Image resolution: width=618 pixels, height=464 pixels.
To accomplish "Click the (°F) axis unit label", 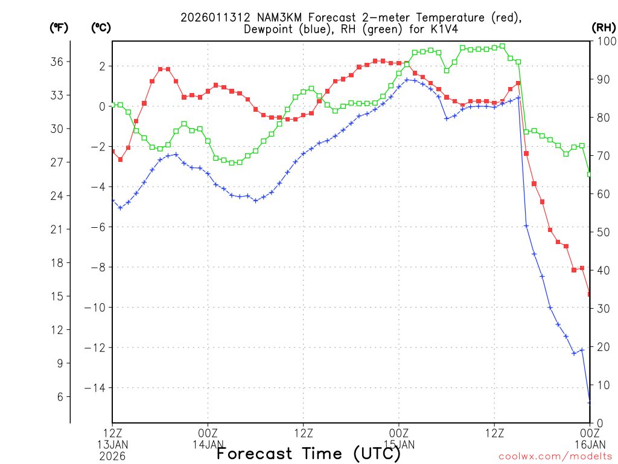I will coord(60,27).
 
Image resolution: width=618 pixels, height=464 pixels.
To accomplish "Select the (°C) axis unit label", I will coord(101,27).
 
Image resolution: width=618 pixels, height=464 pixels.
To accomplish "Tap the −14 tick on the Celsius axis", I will coord(96,388).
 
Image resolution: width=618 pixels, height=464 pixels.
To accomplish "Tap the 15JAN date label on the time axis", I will coord(399,444).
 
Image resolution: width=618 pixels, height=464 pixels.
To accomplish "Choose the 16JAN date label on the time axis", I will coord(589,444).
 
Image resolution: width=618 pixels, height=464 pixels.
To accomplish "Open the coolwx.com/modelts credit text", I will coord(555,456).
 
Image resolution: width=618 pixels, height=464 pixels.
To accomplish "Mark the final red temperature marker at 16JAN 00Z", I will coord(590,294).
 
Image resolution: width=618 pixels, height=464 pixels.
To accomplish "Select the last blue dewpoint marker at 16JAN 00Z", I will coord(590,402).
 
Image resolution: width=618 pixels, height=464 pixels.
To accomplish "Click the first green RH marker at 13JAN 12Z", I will coord(113,105).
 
